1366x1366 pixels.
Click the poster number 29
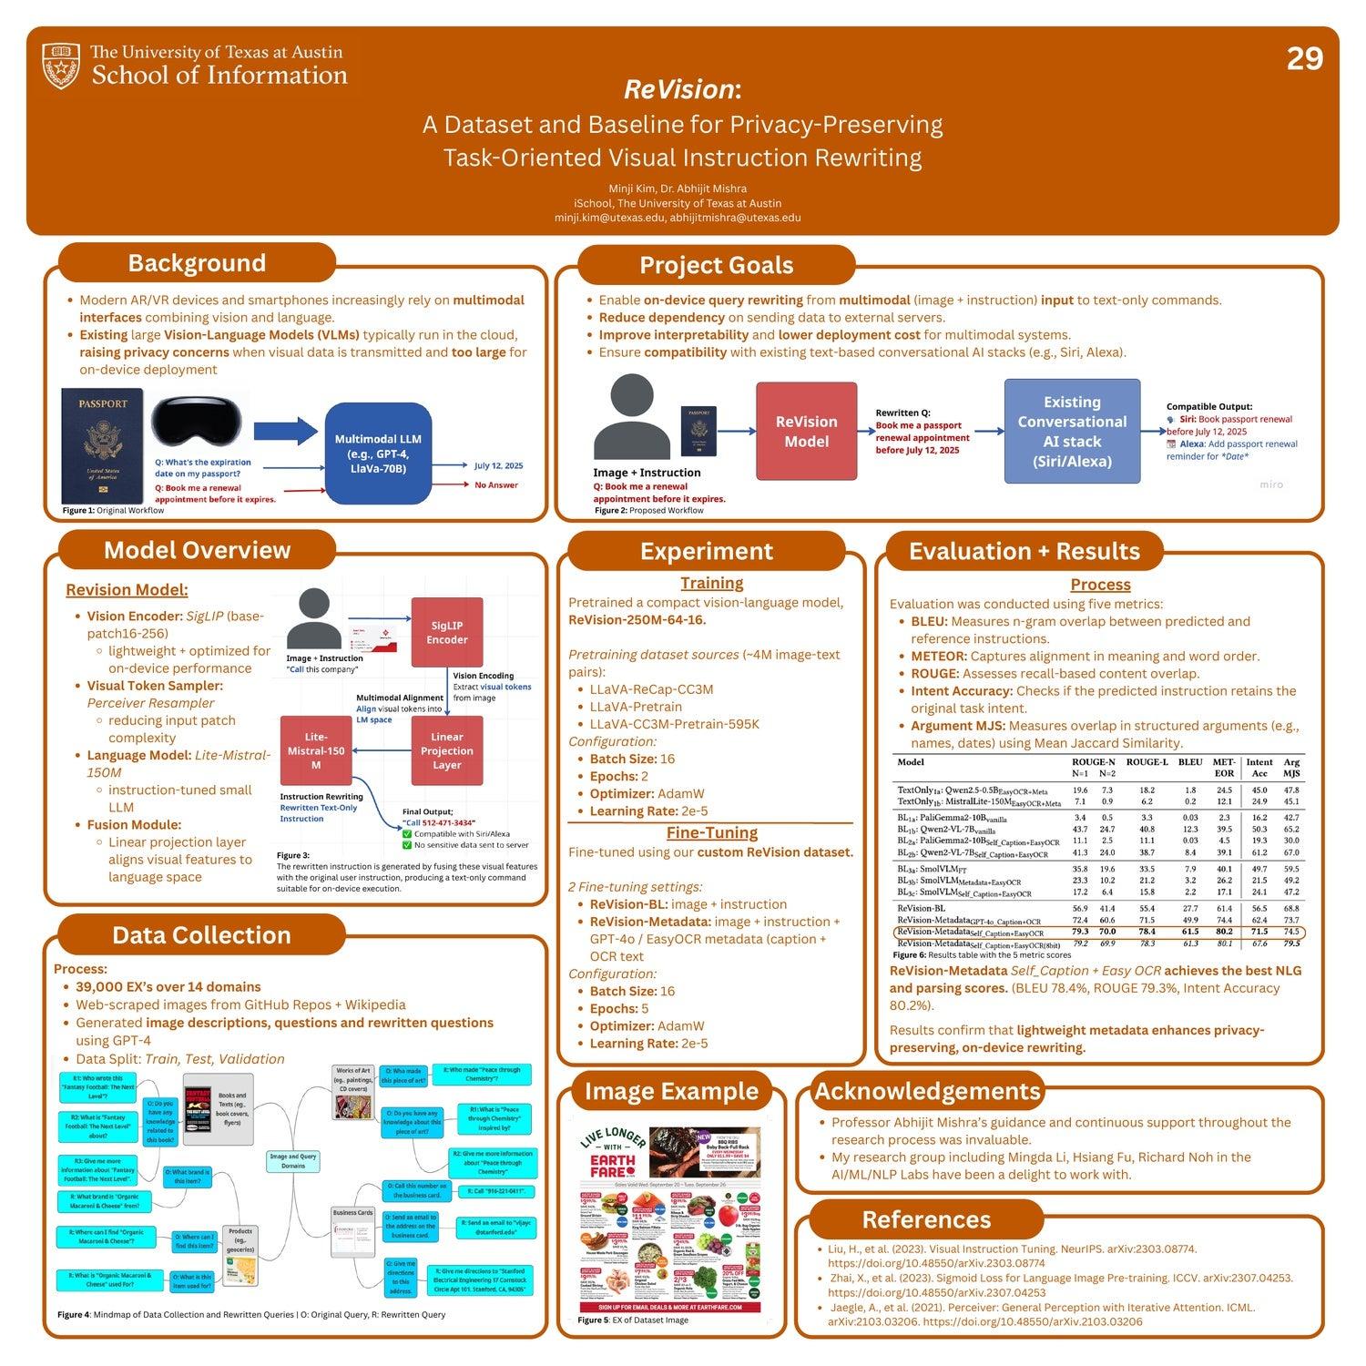[1304, 59]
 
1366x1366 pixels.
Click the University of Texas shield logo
[62, 66]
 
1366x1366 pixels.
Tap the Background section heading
[197, 263]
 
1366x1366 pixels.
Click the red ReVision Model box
[806, 432]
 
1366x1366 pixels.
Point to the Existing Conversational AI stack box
[1072, 432]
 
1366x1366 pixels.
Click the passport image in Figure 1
[102, 446]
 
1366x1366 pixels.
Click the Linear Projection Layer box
[447, 751]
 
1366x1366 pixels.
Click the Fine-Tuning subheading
[711, 832]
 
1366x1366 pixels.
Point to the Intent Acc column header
[1259, 768]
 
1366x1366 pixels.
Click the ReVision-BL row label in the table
[921, 908]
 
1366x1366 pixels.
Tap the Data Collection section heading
[201, 935]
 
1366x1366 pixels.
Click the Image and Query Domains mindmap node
[293, 1161]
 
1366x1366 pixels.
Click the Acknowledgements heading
[926, 1091]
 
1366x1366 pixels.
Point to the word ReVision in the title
[678, 89]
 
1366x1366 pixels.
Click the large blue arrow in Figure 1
[284, 433]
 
